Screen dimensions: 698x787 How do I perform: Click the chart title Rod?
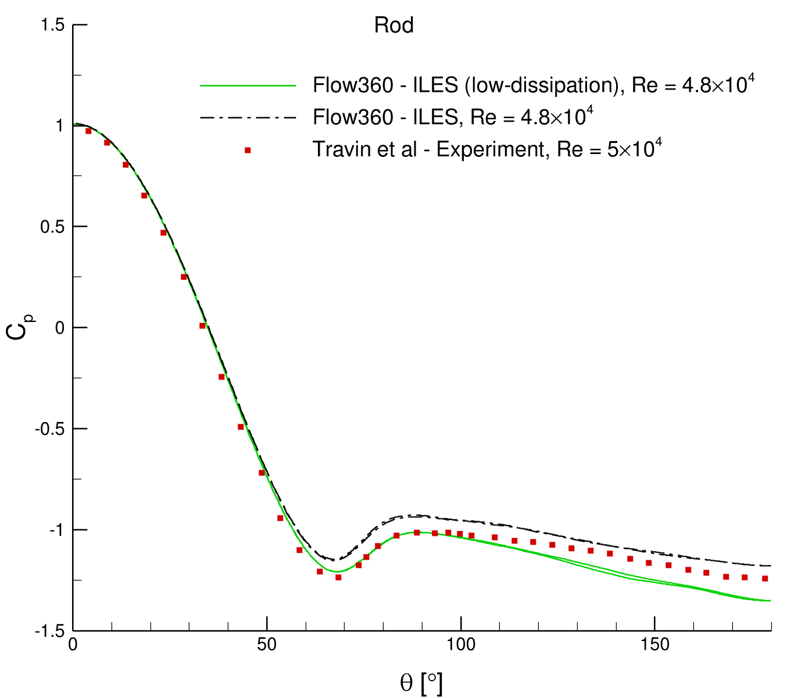393,26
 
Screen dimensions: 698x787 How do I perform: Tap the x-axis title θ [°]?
421,682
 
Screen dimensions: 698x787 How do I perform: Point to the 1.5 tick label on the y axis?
52,25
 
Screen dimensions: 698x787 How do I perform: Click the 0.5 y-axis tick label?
52,227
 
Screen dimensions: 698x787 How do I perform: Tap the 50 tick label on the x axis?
267,645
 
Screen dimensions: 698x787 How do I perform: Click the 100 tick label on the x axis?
461,645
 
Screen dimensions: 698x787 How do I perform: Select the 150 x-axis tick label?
654,645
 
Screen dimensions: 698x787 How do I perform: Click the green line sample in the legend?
248,86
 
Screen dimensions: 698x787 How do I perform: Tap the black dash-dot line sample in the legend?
248,118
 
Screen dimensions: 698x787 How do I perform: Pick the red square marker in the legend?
248,151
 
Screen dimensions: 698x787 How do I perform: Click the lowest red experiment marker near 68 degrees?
338,577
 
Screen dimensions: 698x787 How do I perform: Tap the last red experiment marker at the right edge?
765,578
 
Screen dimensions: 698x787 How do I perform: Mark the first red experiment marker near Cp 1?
88,131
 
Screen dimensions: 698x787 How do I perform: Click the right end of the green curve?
770,601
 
